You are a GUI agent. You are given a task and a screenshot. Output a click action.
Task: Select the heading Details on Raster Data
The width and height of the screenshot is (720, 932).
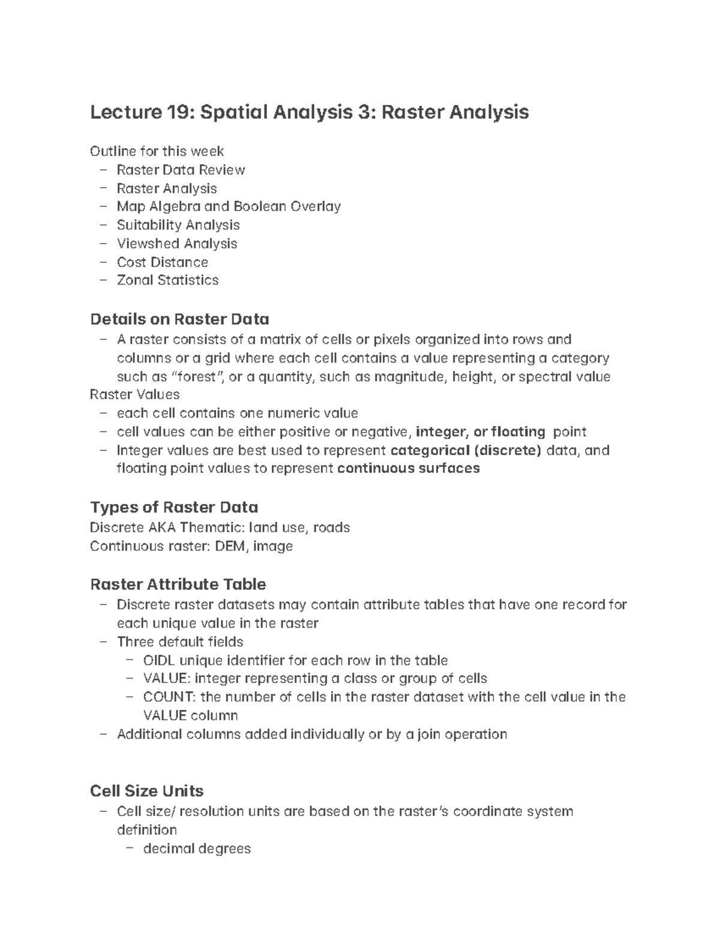click(179, 319)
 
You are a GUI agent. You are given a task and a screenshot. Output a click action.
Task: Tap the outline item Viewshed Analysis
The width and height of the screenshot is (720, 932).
click(177, 244)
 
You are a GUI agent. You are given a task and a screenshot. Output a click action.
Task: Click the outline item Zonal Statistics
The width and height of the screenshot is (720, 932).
click(167, 280)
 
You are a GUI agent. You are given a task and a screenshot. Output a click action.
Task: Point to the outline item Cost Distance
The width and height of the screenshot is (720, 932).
click(162, 262)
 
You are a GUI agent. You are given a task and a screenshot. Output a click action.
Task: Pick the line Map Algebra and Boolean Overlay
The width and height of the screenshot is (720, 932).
click(229, 206)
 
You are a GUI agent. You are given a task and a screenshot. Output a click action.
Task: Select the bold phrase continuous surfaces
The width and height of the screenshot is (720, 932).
click(409, 468)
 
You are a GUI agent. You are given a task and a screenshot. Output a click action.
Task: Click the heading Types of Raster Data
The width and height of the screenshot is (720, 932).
click(174, 507)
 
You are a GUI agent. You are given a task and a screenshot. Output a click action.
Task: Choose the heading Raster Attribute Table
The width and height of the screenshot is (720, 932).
click(178, 584)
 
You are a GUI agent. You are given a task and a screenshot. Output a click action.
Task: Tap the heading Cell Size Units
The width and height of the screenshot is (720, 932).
click(146, 790)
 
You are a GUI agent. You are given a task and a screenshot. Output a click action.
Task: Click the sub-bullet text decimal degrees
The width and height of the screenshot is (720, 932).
click(197, 849)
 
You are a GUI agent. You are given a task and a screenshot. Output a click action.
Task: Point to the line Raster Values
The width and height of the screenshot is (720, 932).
click(134, 394)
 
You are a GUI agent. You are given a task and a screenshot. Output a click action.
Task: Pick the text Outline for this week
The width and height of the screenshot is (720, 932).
click(157, 151)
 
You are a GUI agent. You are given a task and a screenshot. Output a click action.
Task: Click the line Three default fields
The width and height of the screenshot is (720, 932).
click(180, 642)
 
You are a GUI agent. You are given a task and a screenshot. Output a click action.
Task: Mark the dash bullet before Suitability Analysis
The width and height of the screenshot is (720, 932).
click(104, 225)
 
